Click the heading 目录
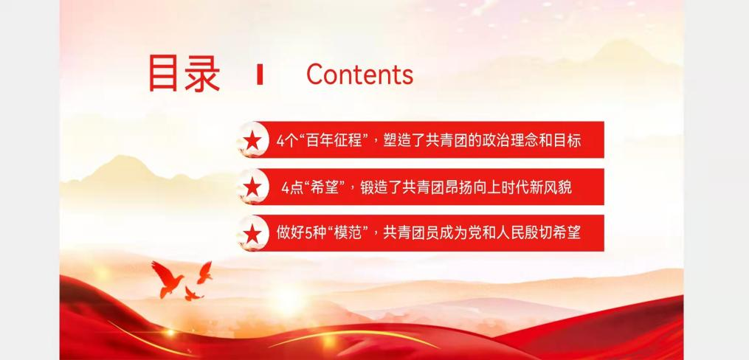[184, 74]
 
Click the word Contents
[359, 74]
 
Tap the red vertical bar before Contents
[260, 75]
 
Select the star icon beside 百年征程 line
[252, 140]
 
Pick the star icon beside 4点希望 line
[252, 187]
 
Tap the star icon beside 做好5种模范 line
[252, 233]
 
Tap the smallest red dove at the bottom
[193, 294]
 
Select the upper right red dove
[205, 272]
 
